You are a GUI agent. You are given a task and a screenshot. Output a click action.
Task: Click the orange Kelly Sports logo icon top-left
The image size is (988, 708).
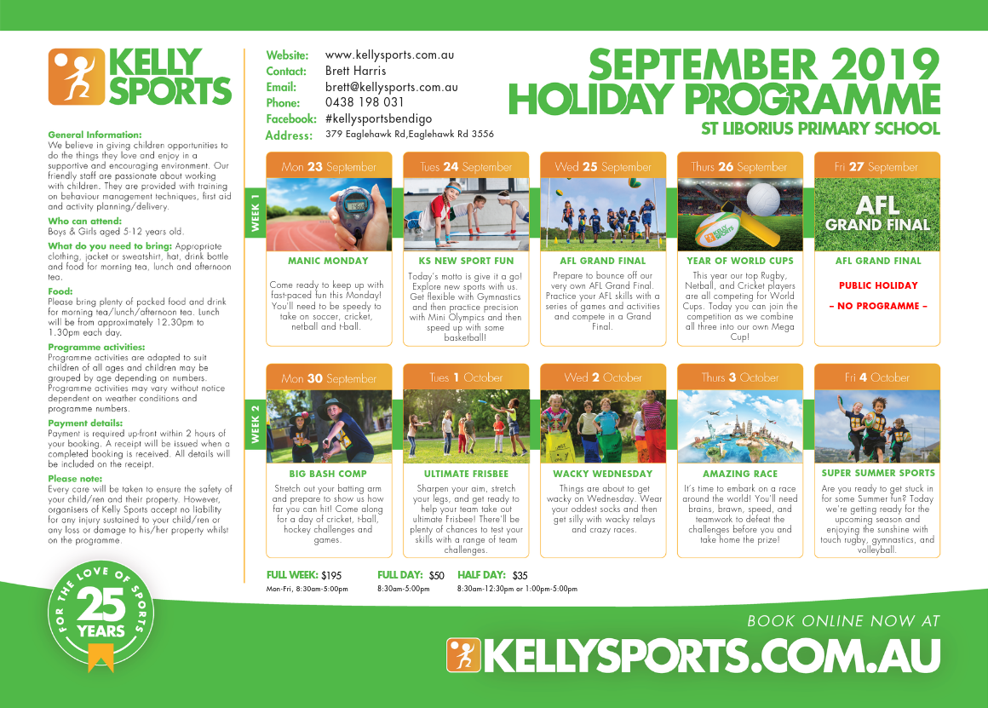[x=77, y=77]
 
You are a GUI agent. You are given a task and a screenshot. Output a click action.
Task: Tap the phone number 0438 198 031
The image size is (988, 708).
[x=365, y=102]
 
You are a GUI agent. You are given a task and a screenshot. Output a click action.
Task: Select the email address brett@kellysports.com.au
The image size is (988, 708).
[x=391, y=87]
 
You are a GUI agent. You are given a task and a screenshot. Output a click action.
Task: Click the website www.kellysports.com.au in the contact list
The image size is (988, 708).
[x=389, y=55]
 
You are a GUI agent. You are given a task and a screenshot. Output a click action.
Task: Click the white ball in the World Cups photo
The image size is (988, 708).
[x=763, y=199]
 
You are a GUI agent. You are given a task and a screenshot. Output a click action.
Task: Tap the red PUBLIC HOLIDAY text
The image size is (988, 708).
[x=878, y=285]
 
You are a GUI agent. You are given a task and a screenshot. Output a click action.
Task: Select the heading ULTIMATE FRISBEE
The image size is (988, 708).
[x=466, y=474]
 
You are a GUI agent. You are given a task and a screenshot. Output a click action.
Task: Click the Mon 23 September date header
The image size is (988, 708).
[x=329, y=166]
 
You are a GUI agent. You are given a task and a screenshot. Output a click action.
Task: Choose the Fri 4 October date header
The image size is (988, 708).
[x=877, y=377]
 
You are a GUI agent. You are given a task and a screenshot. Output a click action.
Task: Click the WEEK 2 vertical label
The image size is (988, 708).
[x=256, y=423]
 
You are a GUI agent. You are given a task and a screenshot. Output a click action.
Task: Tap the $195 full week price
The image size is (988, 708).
[x=331, y=576]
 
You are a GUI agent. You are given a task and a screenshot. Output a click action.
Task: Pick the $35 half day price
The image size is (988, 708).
[x=520, y=576]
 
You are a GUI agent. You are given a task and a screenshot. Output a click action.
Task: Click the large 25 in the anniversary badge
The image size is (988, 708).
[x=101, y=604]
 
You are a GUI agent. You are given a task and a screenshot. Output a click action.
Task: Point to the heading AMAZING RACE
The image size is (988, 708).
[x=740, y=474]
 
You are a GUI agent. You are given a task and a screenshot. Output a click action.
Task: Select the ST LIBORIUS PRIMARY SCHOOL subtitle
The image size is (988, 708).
[x=820, y=129]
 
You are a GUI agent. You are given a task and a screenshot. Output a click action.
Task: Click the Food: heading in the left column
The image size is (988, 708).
[x=60, y=291]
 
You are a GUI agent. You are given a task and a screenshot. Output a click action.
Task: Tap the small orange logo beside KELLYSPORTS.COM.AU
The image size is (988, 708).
[x=463, y=655]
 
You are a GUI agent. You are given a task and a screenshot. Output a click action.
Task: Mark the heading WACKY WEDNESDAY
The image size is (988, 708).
[x=603, y=474]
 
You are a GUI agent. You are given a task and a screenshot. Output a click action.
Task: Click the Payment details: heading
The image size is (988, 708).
[x=86, y=423]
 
